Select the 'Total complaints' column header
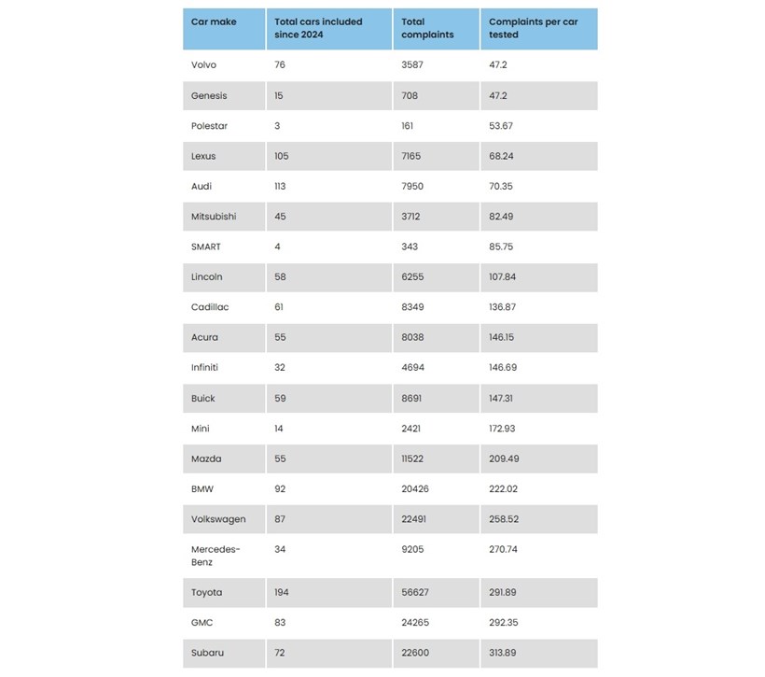pyautogui.click(x=427, y=28)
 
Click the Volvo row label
pyautogui.click(x=204, y=65)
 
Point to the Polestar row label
pyautogui.click(x=209, y=125)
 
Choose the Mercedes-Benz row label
pyautogui.click(x=216, y=556)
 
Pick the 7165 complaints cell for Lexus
pyautogui.click(x=412, y=156)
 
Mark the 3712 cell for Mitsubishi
pyautogui.click(x=411, y=217)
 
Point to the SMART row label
pyautogui.click(x=206, y=247)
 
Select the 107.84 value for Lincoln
pyautogui.click(x=507, y=276)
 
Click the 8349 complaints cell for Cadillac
pyautogui.click(x=412, y=307)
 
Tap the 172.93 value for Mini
pyautogui.click(x=506, y=428)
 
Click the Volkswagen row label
pyautogui.click(x=218, y=518)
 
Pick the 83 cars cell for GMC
pyautogui.click(x=280, y=622)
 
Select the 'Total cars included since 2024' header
pyautogui.click(x=318, y=28)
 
